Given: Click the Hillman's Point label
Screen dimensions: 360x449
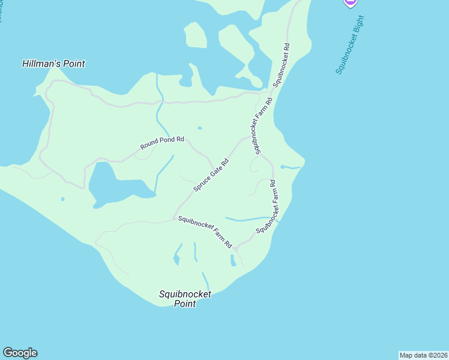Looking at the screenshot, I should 53,64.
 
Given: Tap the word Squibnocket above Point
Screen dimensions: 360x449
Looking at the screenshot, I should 185,294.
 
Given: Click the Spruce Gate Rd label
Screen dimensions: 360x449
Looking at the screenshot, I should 211,175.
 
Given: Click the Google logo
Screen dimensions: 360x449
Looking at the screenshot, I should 20,353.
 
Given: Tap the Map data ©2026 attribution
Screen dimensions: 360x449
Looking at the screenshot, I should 423,355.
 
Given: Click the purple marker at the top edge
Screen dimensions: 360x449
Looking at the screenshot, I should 351,2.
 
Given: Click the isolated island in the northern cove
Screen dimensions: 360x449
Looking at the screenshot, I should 196,35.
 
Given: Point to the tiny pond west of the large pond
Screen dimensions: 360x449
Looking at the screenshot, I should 62,199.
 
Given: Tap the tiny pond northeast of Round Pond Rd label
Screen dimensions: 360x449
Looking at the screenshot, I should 199,127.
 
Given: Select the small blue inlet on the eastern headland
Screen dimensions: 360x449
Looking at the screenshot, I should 289,167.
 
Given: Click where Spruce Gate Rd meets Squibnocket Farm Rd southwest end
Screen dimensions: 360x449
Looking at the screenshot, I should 174,218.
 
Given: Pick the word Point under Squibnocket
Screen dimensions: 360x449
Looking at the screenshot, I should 185,304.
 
